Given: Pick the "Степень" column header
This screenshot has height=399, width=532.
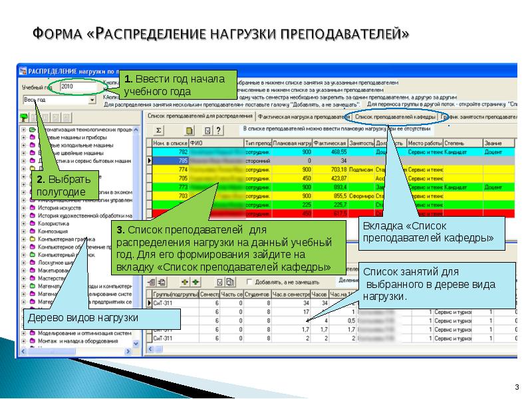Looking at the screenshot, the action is (456, 143).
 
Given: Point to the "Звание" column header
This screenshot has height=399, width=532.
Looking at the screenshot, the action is (493, 143).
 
